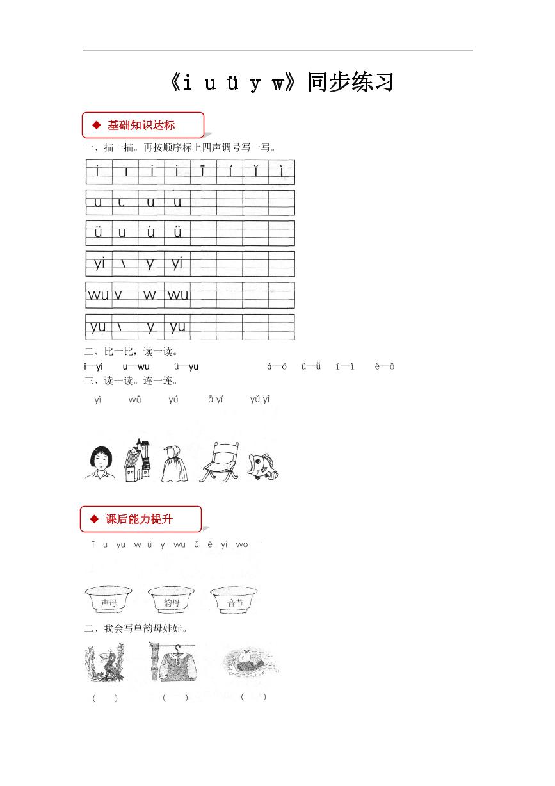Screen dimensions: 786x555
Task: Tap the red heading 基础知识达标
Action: tap(141, 125)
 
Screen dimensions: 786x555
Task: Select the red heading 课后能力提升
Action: tap(139, 519)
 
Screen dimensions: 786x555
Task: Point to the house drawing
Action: tap(138, 460)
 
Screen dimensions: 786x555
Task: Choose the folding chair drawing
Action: tap(219, 460)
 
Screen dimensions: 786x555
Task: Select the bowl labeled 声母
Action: tap(109, 600)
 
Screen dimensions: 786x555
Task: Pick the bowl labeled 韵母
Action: tap(172, 600)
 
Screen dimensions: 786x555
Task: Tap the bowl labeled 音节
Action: tap(234, 600)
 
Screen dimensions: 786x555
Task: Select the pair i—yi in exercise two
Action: tap(93, 366)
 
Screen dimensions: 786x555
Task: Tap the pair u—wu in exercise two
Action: tap(136, 366)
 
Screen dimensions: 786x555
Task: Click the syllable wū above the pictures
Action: tap(135, 400)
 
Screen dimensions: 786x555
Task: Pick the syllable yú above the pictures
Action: tap(173, 400)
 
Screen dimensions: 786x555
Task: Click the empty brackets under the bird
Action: tap(105, 698)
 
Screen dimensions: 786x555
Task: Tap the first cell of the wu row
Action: tap(99, 295)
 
